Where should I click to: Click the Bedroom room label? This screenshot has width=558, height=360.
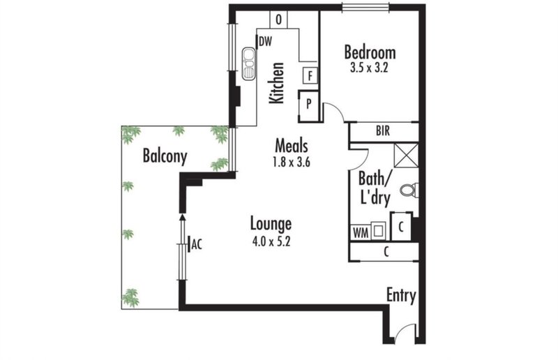coord(370,52)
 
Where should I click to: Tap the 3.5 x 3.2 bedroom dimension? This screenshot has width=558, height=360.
coord(369,68)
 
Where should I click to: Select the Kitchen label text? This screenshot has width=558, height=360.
coord(276,83)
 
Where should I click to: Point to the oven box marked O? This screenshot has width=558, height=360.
coord(278,20)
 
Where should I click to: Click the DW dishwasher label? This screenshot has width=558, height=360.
coord(265,42)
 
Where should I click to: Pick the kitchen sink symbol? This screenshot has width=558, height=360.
coord(248,63)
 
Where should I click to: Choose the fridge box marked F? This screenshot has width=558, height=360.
coord(310,75)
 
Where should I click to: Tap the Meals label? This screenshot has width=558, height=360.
coord(292,146)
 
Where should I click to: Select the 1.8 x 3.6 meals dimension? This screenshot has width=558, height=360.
coord(292,162)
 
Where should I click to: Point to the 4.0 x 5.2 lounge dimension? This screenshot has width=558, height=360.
coord(271,241)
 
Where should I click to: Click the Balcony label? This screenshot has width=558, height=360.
coord(165,157)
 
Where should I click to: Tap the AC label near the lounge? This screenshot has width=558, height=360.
coord(197,245)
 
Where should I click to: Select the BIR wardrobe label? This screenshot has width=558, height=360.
coord(383,131)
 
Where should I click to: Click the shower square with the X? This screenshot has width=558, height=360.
coord(406,155)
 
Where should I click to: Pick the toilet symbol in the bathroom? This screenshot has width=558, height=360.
coord(409,190)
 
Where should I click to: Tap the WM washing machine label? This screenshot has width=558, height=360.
coord(361,233)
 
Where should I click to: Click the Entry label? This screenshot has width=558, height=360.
coord(401,296)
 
